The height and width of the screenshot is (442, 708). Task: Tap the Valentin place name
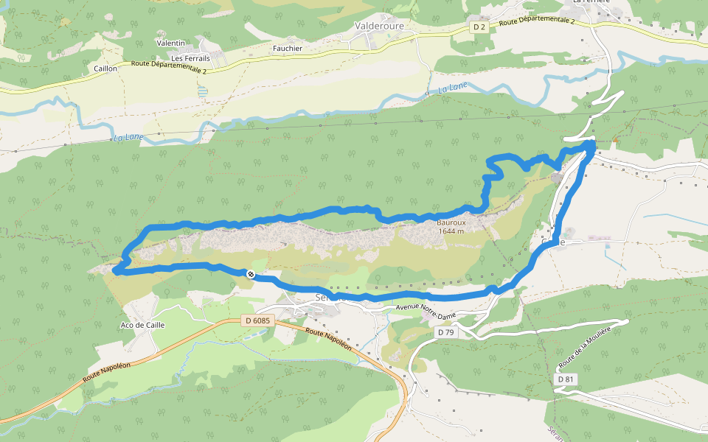click(x=171, y=43)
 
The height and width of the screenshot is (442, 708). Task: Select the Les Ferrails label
click(x=190, y=58)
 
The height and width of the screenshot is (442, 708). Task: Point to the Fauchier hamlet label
click(x=288, y=49)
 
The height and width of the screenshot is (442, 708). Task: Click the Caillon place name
click(x=105, y=69)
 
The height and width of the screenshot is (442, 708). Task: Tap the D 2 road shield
click(x=479, y=27)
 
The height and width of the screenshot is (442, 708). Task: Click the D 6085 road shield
click(x=258, y=320)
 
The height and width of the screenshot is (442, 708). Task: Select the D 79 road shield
click(x=445, y=332)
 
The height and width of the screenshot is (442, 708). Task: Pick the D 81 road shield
click(x=566, y=379)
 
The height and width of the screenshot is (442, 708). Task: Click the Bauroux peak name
click(x=450, y=222)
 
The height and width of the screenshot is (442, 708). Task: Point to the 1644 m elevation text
click(x=451, y=231)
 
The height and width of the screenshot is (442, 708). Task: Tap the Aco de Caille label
click(x=142, y=325)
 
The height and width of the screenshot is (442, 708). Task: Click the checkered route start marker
click(x=251, y=274)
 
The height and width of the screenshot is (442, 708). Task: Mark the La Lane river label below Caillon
click(x=128, y=137)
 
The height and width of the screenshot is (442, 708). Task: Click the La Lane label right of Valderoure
click(x=453, y=90)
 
